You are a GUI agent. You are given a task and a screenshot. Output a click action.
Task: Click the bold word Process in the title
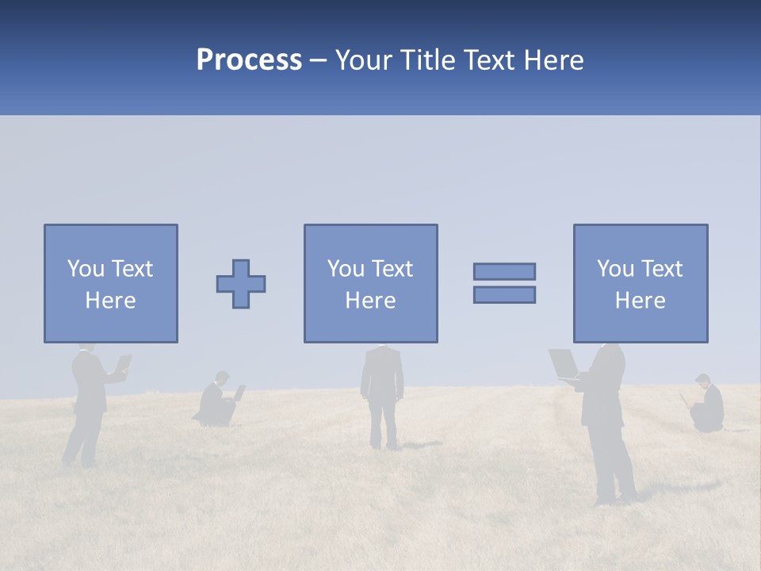point(249,60)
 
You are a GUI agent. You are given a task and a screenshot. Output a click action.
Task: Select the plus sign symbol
point(241,284)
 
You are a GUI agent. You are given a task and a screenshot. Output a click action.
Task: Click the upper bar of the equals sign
point(504,271)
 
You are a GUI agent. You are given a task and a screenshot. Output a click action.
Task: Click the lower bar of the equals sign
point(504,294)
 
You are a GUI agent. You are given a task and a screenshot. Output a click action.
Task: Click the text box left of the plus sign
point(110,284)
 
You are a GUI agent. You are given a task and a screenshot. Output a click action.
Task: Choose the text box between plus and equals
point(370,284)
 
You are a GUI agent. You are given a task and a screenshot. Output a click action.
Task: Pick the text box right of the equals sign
point(640,284)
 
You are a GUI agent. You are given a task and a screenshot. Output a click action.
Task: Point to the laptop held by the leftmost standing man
point(123,364)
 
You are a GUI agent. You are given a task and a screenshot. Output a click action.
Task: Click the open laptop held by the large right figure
point(564,364)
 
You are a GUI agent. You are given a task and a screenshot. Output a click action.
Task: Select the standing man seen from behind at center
point(382,389)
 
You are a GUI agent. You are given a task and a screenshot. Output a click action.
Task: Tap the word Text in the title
point(490,60)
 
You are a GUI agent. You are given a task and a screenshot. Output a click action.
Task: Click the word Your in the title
point(364,60)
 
